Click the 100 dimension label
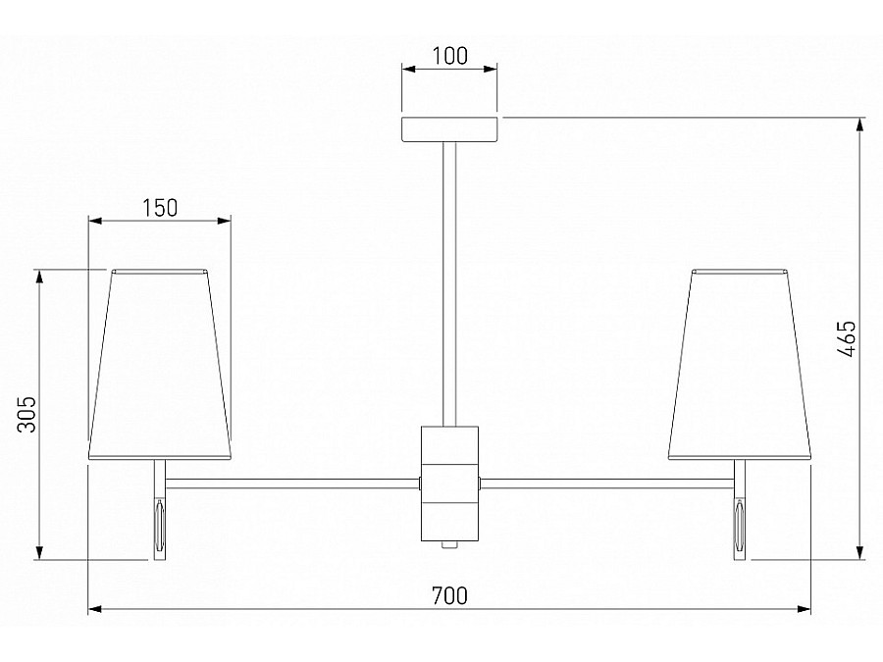(x=449, y=56)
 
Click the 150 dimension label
(x=159, y=208)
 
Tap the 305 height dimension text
(x=26, y=414)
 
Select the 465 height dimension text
(x=846, y=339)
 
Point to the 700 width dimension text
(x=449, y=595)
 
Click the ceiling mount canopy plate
(x=449, y=128)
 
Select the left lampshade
(x=160, y=365)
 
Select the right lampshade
(x=740, y=365)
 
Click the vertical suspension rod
(x=449, y=283)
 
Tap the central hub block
(x=450, y=484)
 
